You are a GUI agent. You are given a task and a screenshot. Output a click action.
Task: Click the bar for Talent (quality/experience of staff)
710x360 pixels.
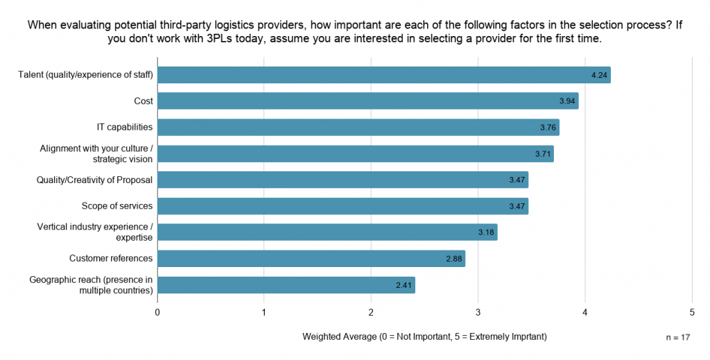pos(384,75)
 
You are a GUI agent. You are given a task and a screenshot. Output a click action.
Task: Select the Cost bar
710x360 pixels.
pos(368,101)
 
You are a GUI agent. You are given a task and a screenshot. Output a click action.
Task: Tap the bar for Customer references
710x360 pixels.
pos(311,259)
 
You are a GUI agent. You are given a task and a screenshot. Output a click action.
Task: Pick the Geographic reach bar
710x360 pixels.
pos(286,285)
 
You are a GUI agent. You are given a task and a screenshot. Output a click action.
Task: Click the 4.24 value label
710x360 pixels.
pos(599,75)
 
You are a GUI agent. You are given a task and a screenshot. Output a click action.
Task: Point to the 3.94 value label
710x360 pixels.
pos(567,101)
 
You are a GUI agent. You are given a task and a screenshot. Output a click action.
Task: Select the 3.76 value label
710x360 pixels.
pos(548,127)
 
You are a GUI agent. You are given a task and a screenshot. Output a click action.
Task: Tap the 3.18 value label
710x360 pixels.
pos(486,232)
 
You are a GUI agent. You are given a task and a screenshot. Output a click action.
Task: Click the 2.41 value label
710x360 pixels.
pos(404,285)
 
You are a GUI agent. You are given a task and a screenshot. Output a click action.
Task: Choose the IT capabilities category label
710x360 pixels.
pos(125,127)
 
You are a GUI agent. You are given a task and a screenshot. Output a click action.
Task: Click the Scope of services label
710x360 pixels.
pos(116,205)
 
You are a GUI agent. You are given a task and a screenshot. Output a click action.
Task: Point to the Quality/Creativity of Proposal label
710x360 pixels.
pos(94,180)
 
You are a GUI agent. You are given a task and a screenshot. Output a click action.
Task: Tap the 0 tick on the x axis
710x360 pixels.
pos(157,312)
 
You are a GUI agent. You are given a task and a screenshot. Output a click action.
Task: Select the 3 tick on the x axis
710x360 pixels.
pos(478,312)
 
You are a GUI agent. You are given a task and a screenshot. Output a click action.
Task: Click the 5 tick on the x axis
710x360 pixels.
pos(692,312)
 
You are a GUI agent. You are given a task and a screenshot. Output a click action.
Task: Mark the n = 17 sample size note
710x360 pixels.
pos(678,337)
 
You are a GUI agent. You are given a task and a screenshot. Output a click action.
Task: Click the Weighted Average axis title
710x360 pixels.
pos(425,337)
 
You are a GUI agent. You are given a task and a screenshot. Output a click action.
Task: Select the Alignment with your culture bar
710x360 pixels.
pos(356,153)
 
